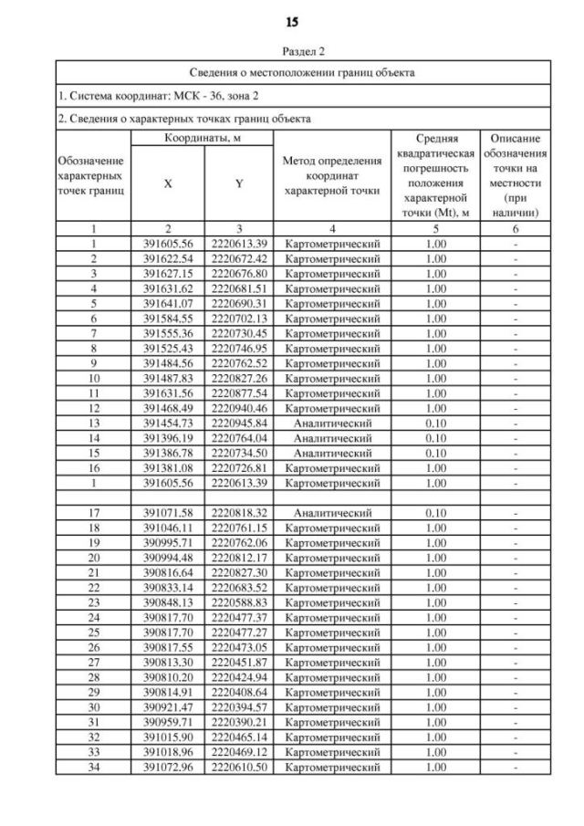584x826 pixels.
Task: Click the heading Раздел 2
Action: click(x=291, y=52)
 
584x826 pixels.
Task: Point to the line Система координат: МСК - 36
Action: click(x=159, y=95)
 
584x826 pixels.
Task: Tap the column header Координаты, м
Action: click(x=203, y=137)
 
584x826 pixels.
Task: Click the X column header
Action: click(x=168, y=183)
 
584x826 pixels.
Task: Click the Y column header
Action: click(x=239, y=183)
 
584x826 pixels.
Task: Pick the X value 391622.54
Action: click(x=168, y=259)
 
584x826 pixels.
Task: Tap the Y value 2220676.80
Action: click(x=239, y=273)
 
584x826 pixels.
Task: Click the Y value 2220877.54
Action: click(x=239, y=392)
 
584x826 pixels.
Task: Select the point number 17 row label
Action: click(x=94, y=513)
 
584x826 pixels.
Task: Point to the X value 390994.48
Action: click(x=168, y=558)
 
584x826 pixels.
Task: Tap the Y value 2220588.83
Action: click(x=239, y=602)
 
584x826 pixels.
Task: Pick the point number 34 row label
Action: click(x=94, y=768)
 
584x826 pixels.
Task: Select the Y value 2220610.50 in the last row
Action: click(x=239, y=768)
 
